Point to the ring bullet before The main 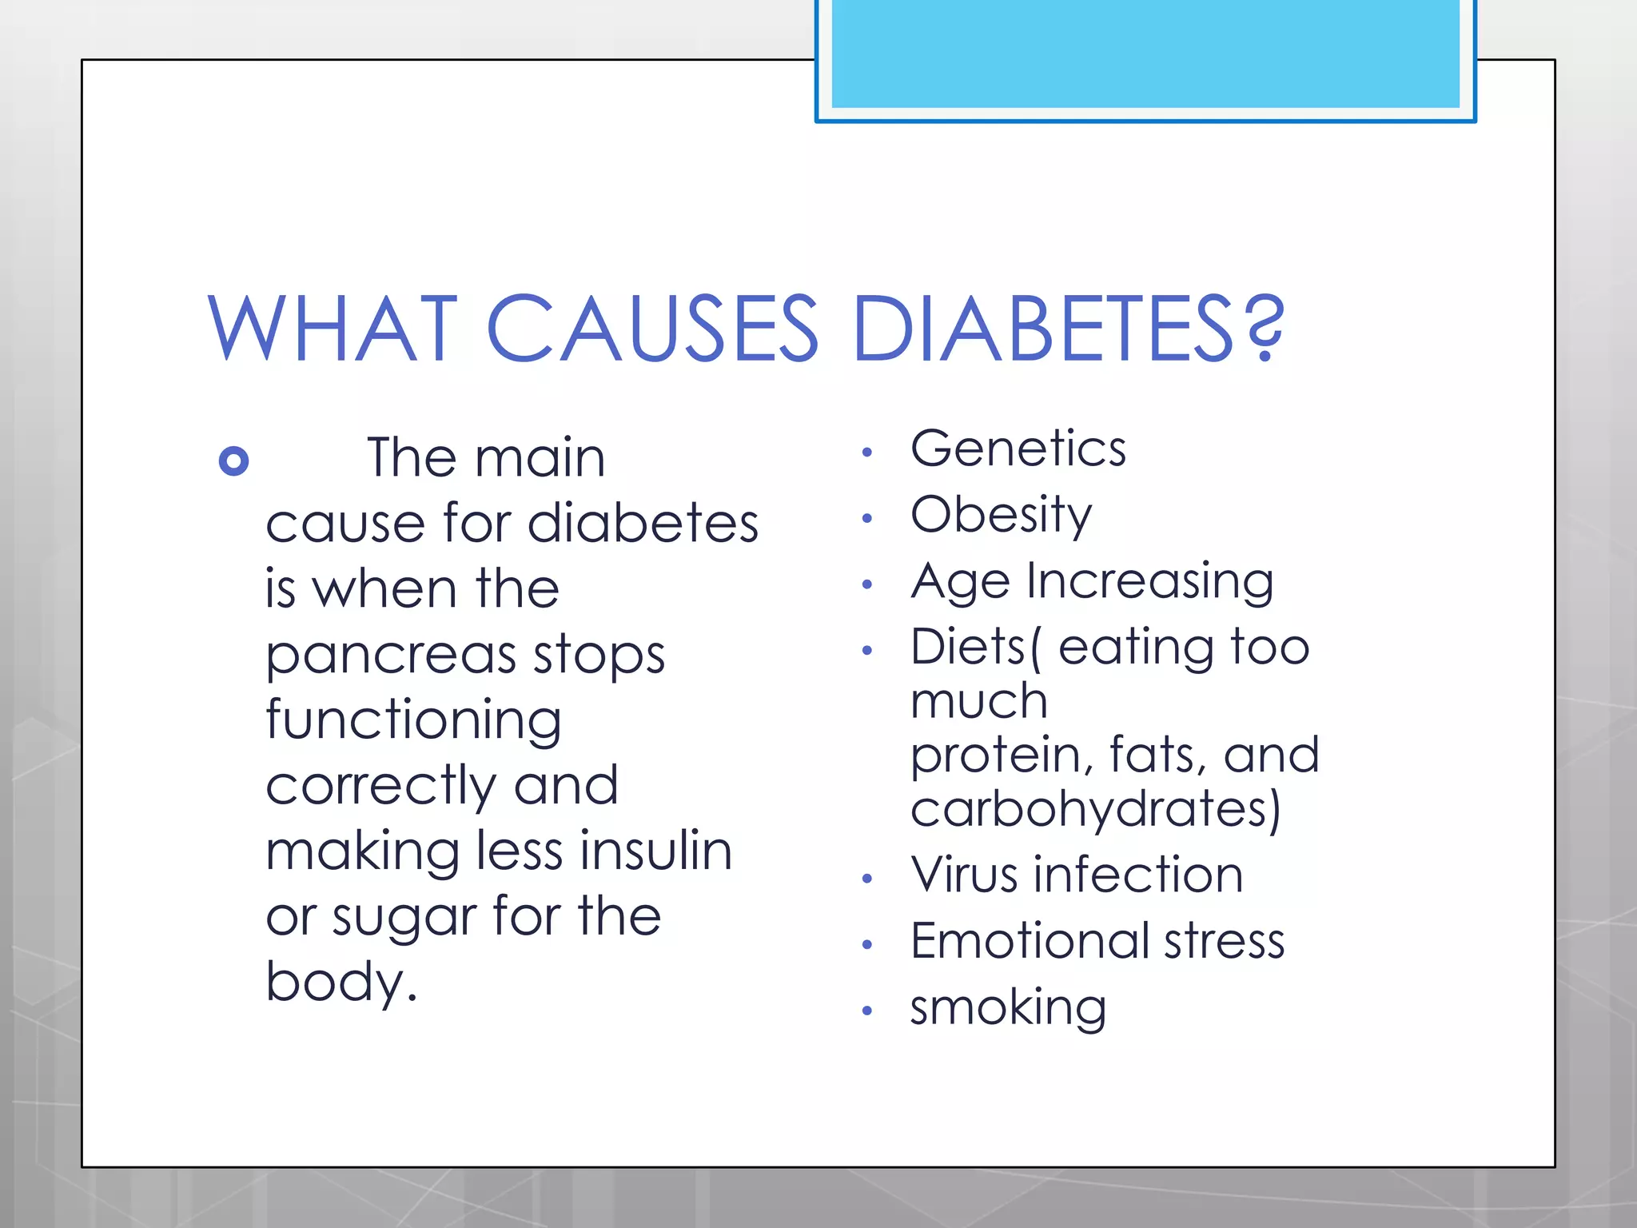point(233,461)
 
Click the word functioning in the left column point(413,721)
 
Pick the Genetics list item point(1018,449)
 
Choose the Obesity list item point(1001,515)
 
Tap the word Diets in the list point(968,647)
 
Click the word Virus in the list point(964,875)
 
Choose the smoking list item point(1008,1007)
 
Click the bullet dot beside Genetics point(867,453)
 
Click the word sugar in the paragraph point(404,918)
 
